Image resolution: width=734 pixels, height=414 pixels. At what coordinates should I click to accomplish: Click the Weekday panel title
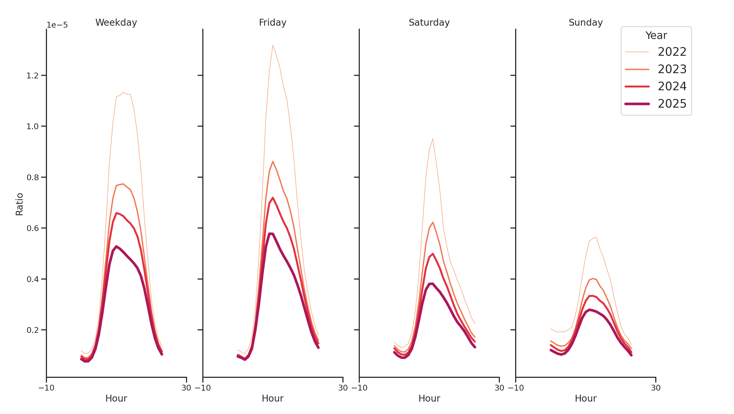[x=116, y=22]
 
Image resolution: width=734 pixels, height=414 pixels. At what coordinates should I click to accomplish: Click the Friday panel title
[x=272, y=22]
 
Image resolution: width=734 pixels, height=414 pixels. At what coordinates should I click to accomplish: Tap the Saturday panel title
[x=429, y=22]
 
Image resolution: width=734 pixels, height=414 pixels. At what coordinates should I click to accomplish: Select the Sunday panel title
[x=585, y=22]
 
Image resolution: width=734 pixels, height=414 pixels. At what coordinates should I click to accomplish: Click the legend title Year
[x=656, y=36]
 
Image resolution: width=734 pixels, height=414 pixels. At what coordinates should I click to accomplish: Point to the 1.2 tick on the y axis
[x=32, y=76]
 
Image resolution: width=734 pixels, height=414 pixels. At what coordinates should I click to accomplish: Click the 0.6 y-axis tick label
[x=32, y=228]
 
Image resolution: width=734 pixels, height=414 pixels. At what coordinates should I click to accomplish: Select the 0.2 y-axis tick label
[x=32, y=330]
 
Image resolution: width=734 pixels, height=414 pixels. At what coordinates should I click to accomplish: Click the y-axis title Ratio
[x=19, y=204]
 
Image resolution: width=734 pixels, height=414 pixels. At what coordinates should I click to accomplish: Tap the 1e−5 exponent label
[x=57, y=25]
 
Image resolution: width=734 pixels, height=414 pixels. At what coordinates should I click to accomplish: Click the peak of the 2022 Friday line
[x=273, y=45]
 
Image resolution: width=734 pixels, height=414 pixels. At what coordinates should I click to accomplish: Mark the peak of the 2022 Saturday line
[x=432, y=139]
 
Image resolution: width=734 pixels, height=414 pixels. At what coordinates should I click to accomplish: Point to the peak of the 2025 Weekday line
[x=116, y=246]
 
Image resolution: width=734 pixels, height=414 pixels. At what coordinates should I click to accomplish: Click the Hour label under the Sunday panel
[x=585, y=398]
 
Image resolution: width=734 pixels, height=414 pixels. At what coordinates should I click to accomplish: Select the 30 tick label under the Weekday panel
[x=186, y=388]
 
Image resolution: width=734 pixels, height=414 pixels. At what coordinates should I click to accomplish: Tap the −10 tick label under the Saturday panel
[x=359, y=388]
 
